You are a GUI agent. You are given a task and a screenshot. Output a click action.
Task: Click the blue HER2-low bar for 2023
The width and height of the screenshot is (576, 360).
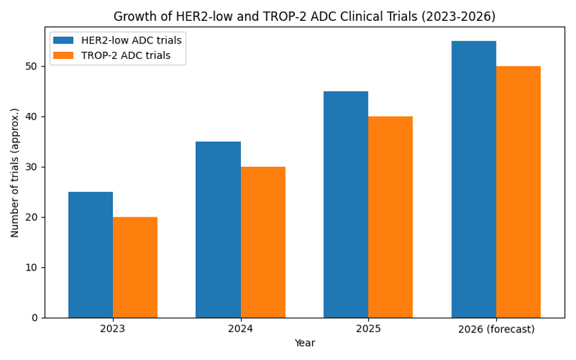coord(91,255)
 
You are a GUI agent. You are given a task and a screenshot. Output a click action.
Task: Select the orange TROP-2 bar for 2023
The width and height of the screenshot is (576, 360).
coord(135,267)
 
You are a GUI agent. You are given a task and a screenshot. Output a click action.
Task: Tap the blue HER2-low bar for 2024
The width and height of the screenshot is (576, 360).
coord(218,229)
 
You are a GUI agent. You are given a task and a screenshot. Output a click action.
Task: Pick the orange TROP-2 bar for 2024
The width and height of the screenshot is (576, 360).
coord(263,242)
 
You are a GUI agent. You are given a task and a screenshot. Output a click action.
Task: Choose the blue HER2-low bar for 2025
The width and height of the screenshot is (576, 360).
coord(345,204)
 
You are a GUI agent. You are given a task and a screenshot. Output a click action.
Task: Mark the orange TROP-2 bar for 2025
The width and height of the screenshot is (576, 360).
coord(390,217)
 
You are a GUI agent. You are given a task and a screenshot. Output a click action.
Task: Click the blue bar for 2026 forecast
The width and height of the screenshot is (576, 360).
coord(474,179)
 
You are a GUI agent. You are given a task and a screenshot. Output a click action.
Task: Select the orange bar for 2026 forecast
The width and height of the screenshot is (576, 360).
coord(519,192)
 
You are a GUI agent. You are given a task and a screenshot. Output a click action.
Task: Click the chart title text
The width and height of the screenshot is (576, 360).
coord(305,16)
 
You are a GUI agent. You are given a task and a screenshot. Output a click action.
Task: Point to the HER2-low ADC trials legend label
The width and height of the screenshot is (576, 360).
coord(125,40)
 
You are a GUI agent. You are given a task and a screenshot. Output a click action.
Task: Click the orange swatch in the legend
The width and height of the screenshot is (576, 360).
coord(64,55)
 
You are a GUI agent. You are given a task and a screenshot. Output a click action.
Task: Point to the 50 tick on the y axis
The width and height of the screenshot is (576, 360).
coord(32,66)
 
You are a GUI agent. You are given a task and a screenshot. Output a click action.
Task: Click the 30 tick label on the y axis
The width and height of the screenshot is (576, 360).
coord(32,167)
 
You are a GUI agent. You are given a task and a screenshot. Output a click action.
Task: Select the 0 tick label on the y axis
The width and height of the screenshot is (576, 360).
coord(35,318)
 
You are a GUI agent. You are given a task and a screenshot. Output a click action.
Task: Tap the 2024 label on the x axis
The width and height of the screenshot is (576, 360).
coord(240,328)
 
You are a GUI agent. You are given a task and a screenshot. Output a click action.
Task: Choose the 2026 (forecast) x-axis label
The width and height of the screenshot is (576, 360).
coord(496,329)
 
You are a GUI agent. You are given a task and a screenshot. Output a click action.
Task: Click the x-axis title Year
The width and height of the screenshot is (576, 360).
coord(305,343)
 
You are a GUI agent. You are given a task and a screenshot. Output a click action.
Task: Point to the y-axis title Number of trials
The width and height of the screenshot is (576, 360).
coord(15,172)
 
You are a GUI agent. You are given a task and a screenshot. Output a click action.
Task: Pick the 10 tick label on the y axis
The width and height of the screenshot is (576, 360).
coord(32,267)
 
